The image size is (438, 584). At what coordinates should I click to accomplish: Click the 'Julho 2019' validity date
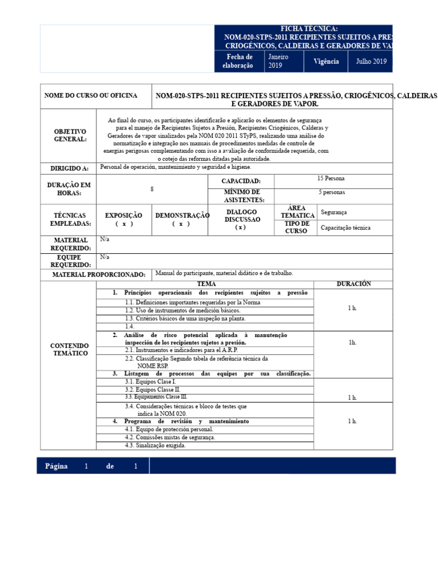[x=371, y=62]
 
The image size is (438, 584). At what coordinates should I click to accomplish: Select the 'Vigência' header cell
[x=326, y=62]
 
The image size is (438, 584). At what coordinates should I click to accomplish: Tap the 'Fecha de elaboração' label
[x=240, y=62]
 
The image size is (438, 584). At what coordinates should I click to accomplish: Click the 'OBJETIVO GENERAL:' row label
[x=70, y=136]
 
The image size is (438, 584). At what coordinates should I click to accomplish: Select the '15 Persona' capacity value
[x=331, y=179]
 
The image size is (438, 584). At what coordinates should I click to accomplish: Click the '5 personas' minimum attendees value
[x=331, y=193]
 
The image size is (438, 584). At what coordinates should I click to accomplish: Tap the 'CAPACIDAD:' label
[x=241, y=181]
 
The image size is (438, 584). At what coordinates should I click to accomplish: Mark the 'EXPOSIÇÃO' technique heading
[x=124, y=216]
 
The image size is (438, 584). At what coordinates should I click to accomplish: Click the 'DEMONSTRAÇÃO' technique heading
[x=182, y=216]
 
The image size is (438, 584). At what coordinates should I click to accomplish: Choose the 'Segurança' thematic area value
[x=334, y=212]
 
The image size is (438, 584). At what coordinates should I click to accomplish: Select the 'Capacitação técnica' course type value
[x=346, y=228]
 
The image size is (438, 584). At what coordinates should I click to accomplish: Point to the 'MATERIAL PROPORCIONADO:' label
[x=99, y=275]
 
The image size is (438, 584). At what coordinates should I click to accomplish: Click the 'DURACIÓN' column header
[x=354, y=284]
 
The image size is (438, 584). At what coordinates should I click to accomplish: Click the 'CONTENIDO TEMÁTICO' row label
[x=70, y=350]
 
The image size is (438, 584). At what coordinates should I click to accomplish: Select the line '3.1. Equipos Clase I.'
[x=151, y=382]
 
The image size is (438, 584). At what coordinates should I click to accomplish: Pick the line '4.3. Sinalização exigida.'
[x=156, y=445]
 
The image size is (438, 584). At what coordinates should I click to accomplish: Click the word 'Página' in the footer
[x=56, y=466]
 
